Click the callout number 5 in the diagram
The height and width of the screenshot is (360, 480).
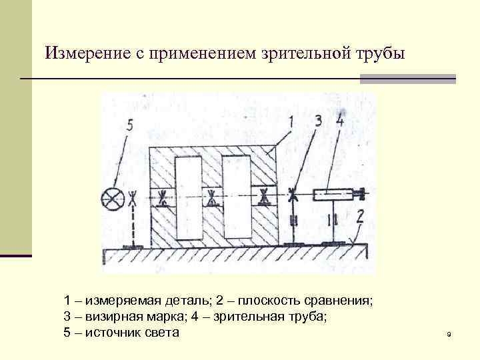pos(129,125)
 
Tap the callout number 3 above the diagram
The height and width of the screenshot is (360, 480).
pos(318,121)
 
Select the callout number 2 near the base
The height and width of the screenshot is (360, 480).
pos(361,216)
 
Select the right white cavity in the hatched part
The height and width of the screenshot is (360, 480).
pos(238,197)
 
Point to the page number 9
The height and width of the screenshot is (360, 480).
pos(449,334)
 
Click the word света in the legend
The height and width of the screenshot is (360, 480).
pos(161,332)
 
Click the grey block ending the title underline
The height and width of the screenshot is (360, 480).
pos(408,79)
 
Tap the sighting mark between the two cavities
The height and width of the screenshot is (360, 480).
pos(213,197)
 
